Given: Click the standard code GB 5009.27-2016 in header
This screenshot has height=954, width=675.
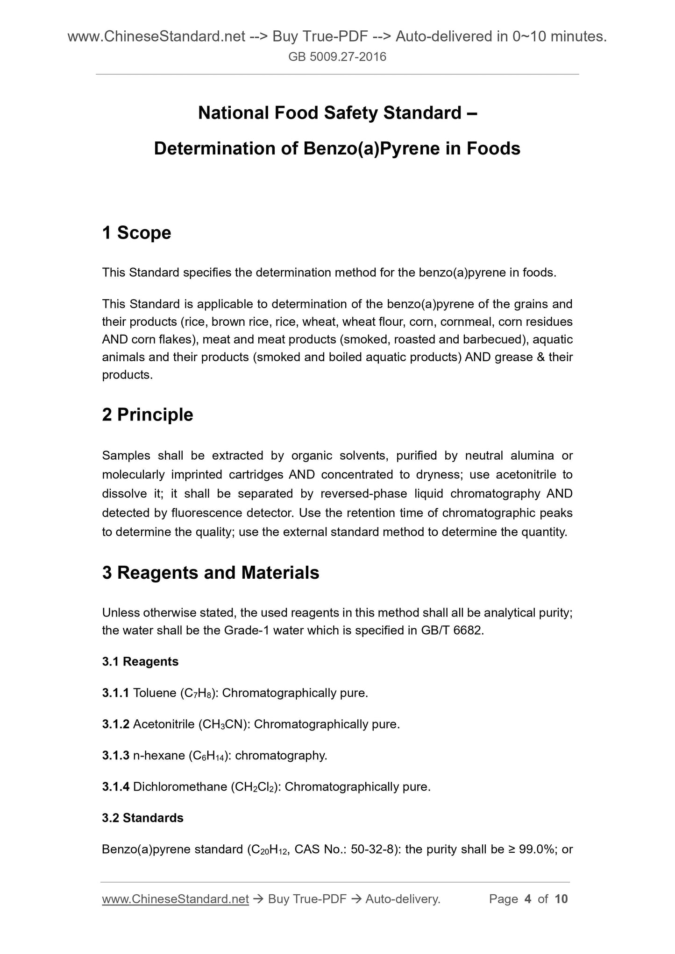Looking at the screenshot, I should pos(337,57).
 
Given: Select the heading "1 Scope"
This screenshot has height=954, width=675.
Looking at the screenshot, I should pos(136,232).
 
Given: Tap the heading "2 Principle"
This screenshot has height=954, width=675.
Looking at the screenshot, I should pos(147,414).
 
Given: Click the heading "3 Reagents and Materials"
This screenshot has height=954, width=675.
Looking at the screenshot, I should pos(210,573).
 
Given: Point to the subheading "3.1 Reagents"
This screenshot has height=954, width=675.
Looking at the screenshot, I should pos(140,661).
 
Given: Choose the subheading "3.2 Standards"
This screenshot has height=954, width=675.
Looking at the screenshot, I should pos(142,818).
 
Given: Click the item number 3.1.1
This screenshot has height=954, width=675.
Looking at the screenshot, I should pos(115,693).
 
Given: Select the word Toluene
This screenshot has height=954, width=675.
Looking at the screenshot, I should pos(154,693).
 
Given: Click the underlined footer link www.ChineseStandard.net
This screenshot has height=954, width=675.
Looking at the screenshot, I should pos(175,899).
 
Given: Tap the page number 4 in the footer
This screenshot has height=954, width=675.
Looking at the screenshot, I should pos(528,899).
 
